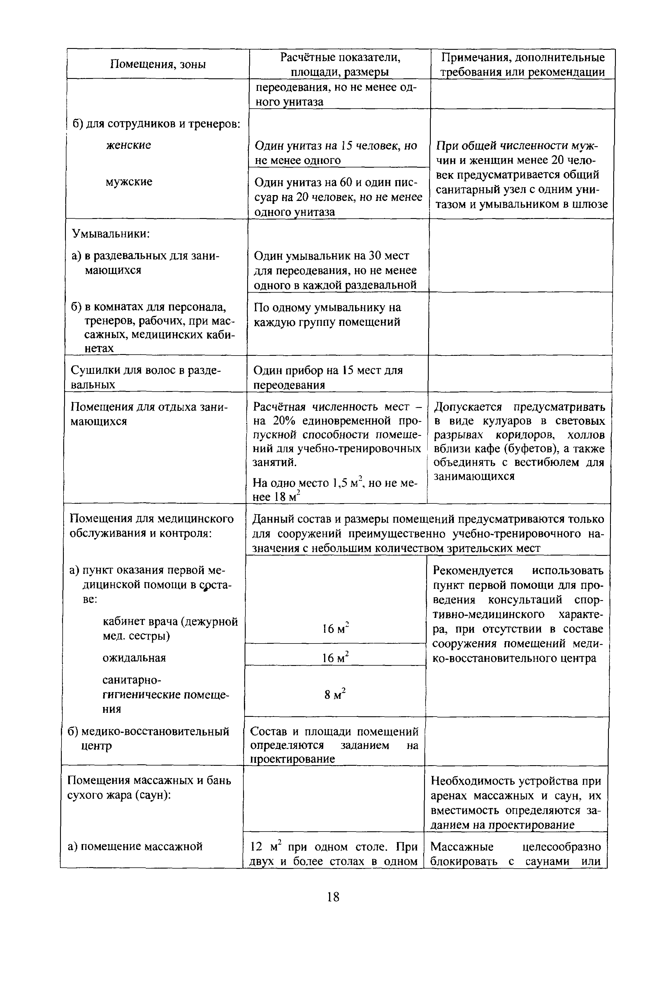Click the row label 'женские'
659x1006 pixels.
click(x=128, y=145)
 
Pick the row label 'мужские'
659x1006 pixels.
click(x=129, y=182)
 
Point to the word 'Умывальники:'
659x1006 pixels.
click(x=110, y=233)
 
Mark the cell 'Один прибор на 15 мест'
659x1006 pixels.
click(x=328, y=370)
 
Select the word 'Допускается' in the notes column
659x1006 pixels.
click(x=468, y=407)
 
